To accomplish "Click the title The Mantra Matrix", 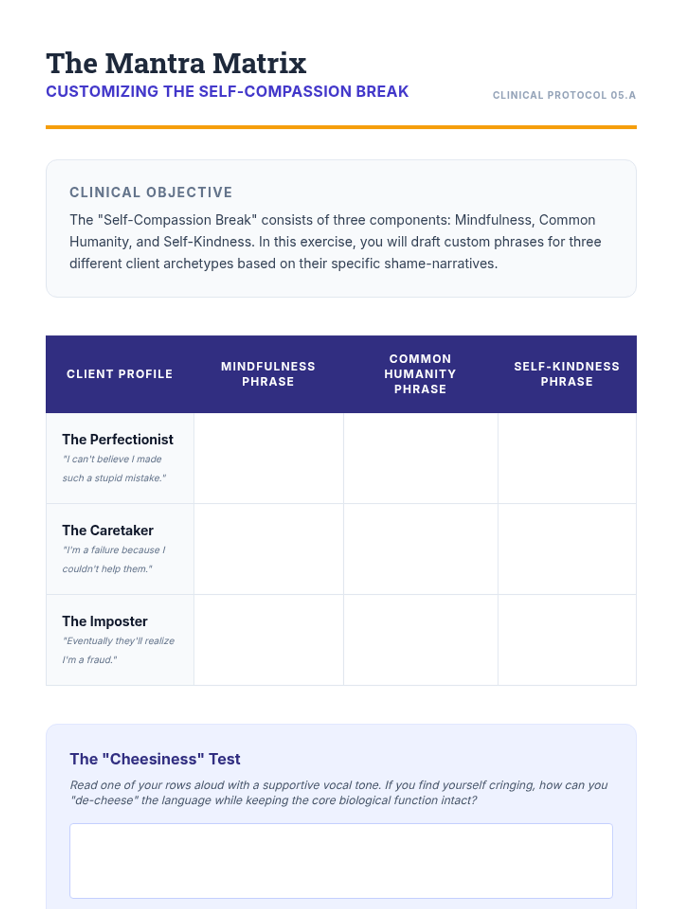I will (176, 63).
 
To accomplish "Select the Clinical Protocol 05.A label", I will (564, 95).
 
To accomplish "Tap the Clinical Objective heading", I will (151, 193).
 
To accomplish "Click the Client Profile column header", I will (119, 374).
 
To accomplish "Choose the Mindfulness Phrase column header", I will (268, 374).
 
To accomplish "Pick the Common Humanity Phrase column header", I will (420, 374).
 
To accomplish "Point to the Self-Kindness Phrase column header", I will (567, 374).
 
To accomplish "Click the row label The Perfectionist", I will (118, 440).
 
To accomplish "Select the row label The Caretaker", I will (108, 531).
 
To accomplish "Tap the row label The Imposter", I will (105, 622).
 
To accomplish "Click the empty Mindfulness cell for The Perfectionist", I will (268, 458).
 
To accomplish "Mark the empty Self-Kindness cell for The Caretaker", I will (567, 549).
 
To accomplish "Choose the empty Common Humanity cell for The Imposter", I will (421, 640).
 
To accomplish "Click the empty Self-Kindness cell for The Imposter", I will (567, 640).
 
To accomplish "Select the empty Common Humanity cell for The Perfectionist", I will (421, 458).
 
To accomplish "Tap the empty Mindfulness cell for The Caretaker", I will (268, 549).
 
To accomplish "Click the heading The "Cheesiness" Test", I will (155, 759).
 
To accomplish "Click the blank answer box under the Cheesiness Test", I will (341, 861).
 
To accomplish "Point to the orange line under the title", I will (341, 127).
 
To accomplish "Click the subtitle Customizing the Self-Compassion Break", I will (227, 91).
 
